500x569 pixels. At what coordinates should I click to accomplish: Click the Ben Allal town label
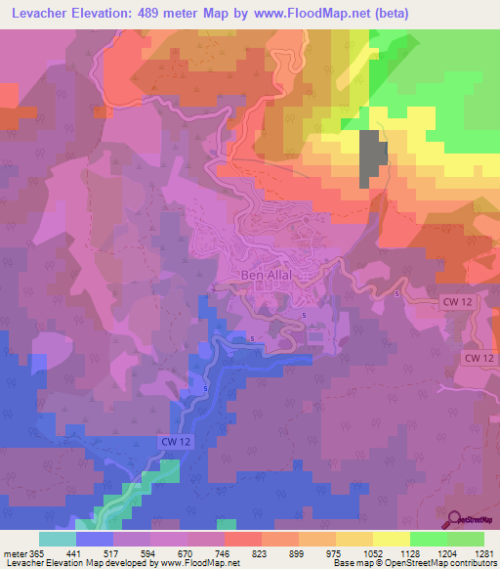tap(267, 275)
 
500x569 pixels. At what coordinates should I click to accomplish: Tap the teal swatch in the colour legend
tap(57, 539)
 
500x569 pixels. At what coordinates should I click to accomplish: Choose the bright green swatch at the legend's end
tap(465, 539)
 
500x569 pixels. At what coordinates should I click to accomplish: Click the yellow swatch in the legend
tap(391, 539)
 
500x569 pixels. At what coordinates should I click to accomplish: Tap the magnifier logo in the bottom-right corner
tap(455, 519)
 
